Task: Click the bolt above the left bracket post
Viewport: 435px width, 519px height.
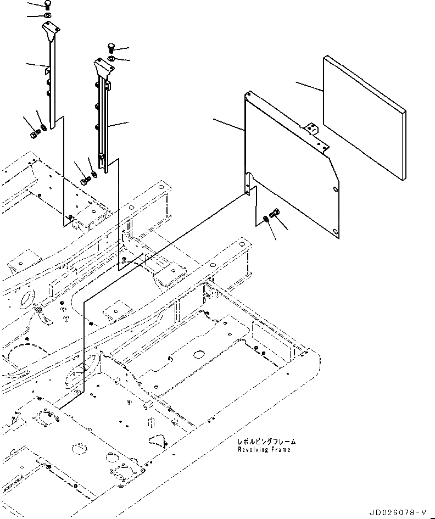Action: tap(47, 5)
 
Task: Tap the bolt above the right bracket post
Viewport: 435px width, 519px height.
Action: tap(111, 48)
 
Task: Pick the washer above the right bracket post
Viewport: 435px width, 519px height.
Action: tap(111, 58)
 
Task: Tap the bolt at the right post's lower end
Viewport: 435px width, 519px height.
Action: tap(85, 179)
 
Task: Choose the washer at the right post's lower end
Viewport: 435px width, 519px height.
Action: tap(94, 175)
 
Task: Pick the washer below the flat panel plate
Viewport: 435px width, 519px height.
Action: tap(266, 219)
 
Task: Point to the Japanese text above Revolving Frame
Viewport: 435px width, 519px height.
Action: tap(266, 442)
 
